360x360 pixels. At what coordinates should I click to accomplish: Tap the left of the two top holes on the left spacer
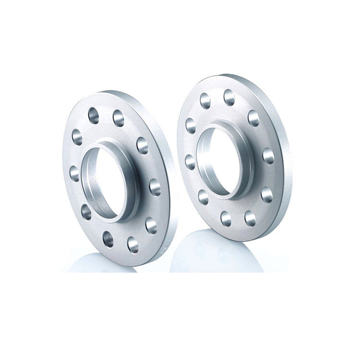[94, 116]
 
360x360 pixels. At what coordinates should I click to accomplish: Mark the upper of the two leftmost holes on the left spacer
[77, 137]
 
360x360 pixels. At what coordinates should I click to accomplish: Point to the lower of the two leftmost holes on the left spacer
[75, 173]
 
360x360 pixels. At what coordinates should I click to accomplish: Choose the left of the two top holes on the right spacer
[205, 100]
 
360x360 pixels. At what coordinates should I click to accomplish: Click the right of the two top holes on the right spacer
[229, 97]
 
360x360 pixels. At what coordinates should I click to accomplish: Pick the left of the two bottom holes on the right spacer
[226, 218]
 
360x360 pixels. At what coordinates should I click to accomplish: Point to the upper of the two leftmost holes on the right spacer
[191, 125]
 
